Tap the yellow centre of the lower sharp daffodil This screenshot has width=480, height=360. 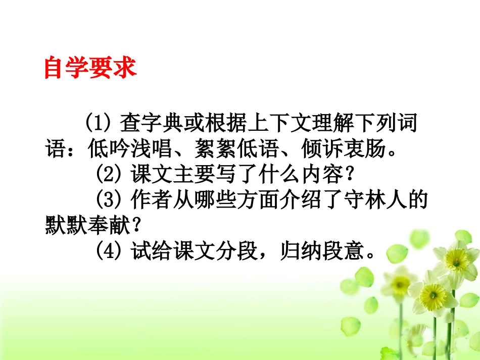pyautogui.click(x=433, y=292)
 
